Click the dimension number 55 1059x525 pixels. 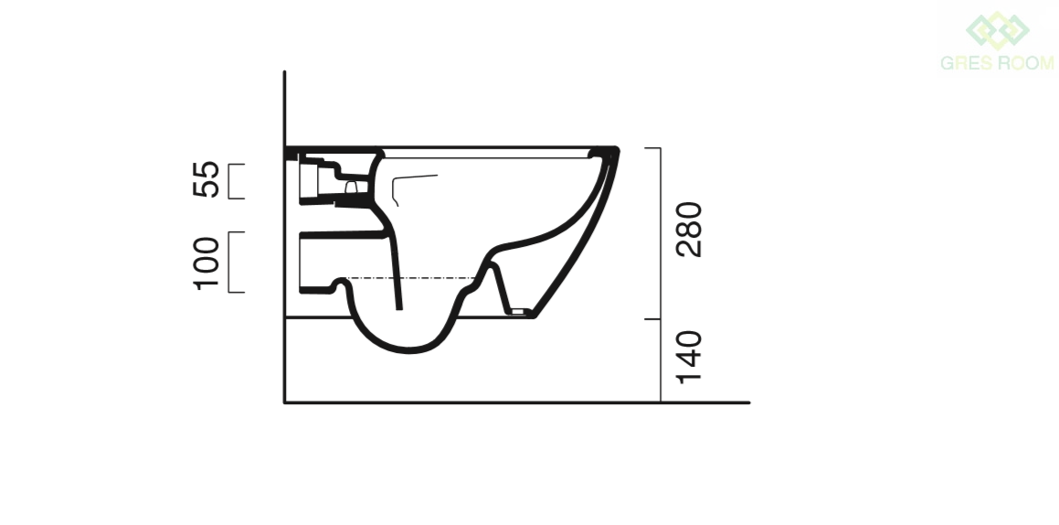point(206,179)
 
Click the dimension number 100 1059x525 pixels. point(206,263)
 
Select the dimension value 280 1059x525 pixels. point(689,229)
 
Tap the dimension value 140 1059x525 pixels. point(689,357)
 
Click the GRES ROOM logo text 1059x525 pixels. point(997,63)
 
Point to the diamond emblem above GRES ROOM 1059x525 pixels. point(998,30)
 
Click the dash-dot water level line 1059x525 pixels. point(410,278)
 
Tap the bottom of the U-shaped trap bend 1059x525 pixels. point(409,350)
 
